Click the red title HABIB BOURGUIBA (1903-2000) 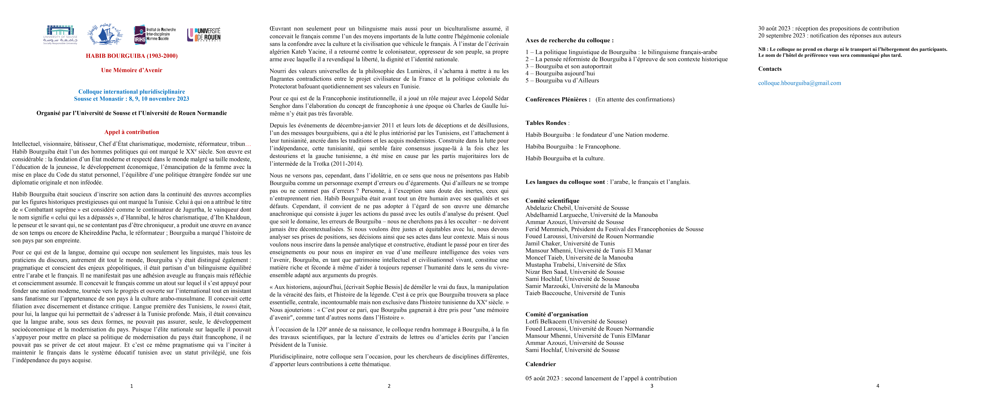[x=132, y=56]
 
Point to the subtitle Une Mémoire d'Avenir [x=132, y=70]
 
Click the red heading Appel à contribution [x=132, y=132]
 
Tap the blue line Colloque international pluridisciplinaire [x=132, y=92]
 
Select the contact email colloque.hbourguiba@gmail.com [x=800, y=83]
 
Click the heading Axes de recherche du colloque [x=569, y=40]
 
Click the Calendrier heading [x=541, y=364]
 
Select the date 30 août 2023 [x=774, y=28]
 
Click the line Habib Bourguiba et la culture [x=565, y=158]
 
